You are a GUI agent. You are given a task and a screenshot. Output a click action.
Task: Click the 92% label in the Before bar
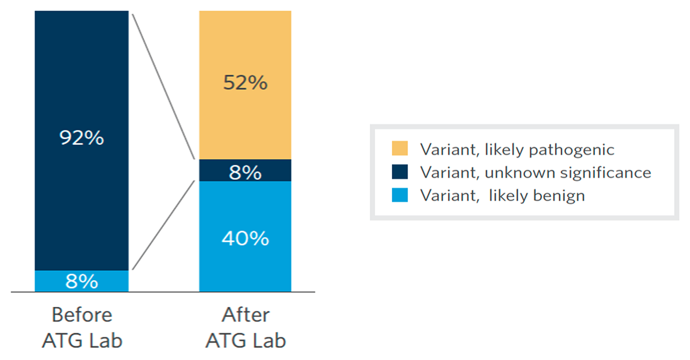[x=82, y=138]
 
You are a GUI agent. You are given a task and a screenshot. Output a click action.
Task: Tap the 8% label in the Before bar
[x=82, y=282]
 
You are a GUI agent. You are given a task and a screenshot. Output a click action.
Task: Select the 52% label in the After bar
[x=245, y=83]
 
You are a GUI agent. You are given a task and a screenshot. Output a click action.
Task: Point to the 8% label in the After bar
[x=245, y=173]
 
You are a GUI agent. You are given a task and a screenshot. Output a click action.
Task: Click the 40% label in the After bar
[x=245, y=238]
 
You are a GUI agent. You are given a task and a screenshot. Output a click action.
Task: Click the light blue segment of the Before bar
[x=52, y=281]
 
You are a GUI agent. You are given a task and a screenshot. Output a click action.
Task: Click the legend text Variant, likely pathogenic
[x=517, y=150]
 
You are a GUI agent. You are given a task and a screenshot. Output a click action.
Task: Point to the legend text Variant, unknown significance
[x=535, y=173]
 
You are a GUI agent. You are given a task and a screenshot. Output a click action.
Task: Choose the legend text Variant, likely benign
[x=502, y=195]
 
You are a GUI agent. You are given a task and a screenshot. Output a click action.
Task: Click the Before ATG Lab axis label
[x=82, y=328]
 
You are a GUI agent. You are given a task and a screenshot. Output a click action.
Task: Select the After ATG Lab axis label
[x=246, y=328]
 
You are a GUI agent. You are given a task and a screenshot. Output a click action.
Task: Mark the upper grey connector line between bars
[x=163, y=85]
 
